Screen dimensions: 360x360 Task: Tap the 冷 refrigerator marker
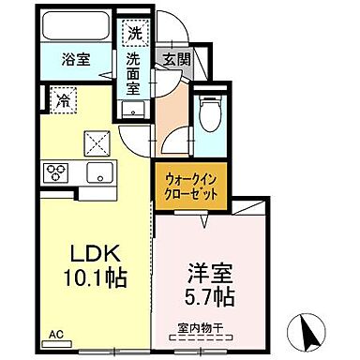click(x=64, y=96)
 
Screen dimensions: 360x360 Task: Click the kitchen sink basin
click(x=97, y=172)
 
